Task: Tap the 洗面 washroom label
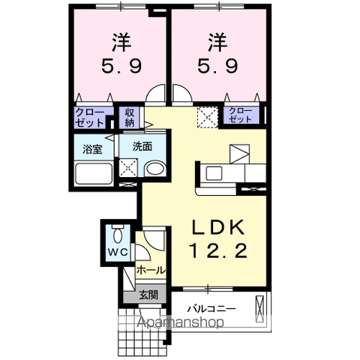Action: coord(143,147)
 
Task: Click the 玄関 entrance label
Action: coord(147,295)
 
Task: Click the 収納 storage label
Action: coord(129,117)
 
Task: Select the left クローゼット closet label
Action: coord(89,116)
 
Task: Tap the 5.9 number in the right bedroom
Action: coord(217,66)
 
